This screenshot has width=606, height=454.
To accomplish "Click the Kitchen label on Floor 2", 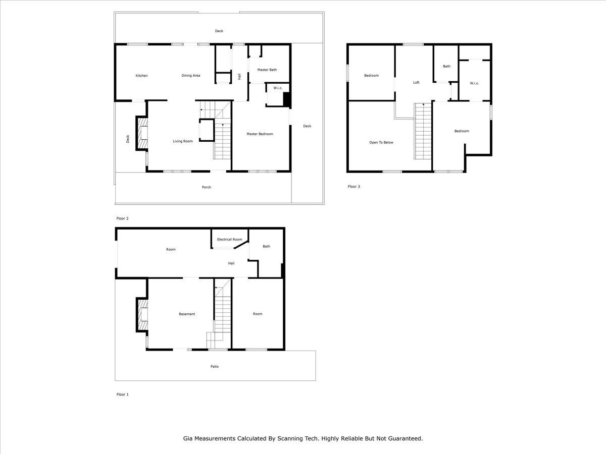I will pyautogui.click(x=141, y=76).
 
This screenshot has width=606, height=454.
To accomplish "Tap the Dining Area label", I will pyautogui.click(x=191, y=76).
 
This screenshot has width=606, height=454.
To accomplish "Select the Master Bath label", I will pyautogui.click(x=267, y=70).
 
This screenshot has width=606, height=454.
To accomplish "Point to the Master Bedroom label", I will pyautogui.click(x=260, y=134).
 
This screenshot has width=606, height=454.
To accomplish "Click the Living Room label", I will pyautogui.click(x=183, y=141).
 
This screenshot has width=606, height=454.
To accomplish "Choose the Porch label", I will pyautogui.click(x=206, y=187).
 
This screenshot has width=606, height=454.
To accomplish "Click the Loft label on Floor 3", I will pyautogui.click(x=416, y=82).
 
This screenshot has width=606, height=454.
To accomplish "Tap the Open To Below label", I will pyautogui.click(x=381, y=142).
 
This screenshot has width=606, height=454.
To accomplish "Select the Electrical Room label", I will pyautogui.click(x=229, y=239).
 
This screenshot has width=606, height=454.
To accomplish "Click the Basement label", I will pyautogui.click(x=187, y=314).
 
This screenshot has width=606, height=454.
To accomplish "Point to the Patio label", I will pyautogui.click(x=215, y=366).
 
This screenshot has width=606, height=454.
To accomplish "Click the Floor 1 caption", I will pyautogui.click(x=122, y=394).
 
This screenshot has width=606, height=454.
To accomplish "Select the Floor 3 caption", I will pyautogui.click(x=354, y=187).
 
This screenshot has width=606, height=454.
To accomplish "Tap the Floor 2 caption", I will pyautogui.click(x=122, y=218).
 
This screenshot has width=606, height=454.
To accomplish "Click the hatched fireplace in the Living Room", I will pyautogui.click(x=143, y=134).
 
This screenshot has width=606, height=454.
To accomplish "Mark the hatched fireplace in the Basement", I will pyautogui.click(x=143, y=315).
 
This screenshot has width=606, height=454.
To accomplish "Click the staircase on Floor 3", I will pyautogui.click(x=423, y=131).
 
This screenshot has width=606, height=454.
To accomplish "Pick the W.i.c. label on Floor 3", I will pyautogui.click(x=474, y=83).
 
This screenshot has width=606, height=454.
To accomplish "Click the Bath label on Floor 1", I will pyautogui.click(x=266, y=246).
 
